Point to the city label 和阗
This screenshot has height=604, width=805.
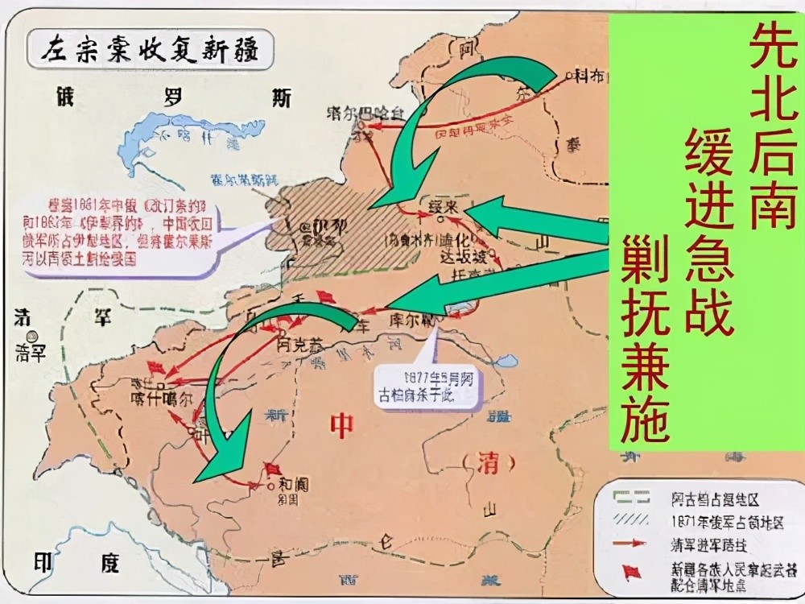(x=292, y=486)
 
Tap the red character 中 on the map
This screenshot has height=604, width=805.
(x=342, y=424)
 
